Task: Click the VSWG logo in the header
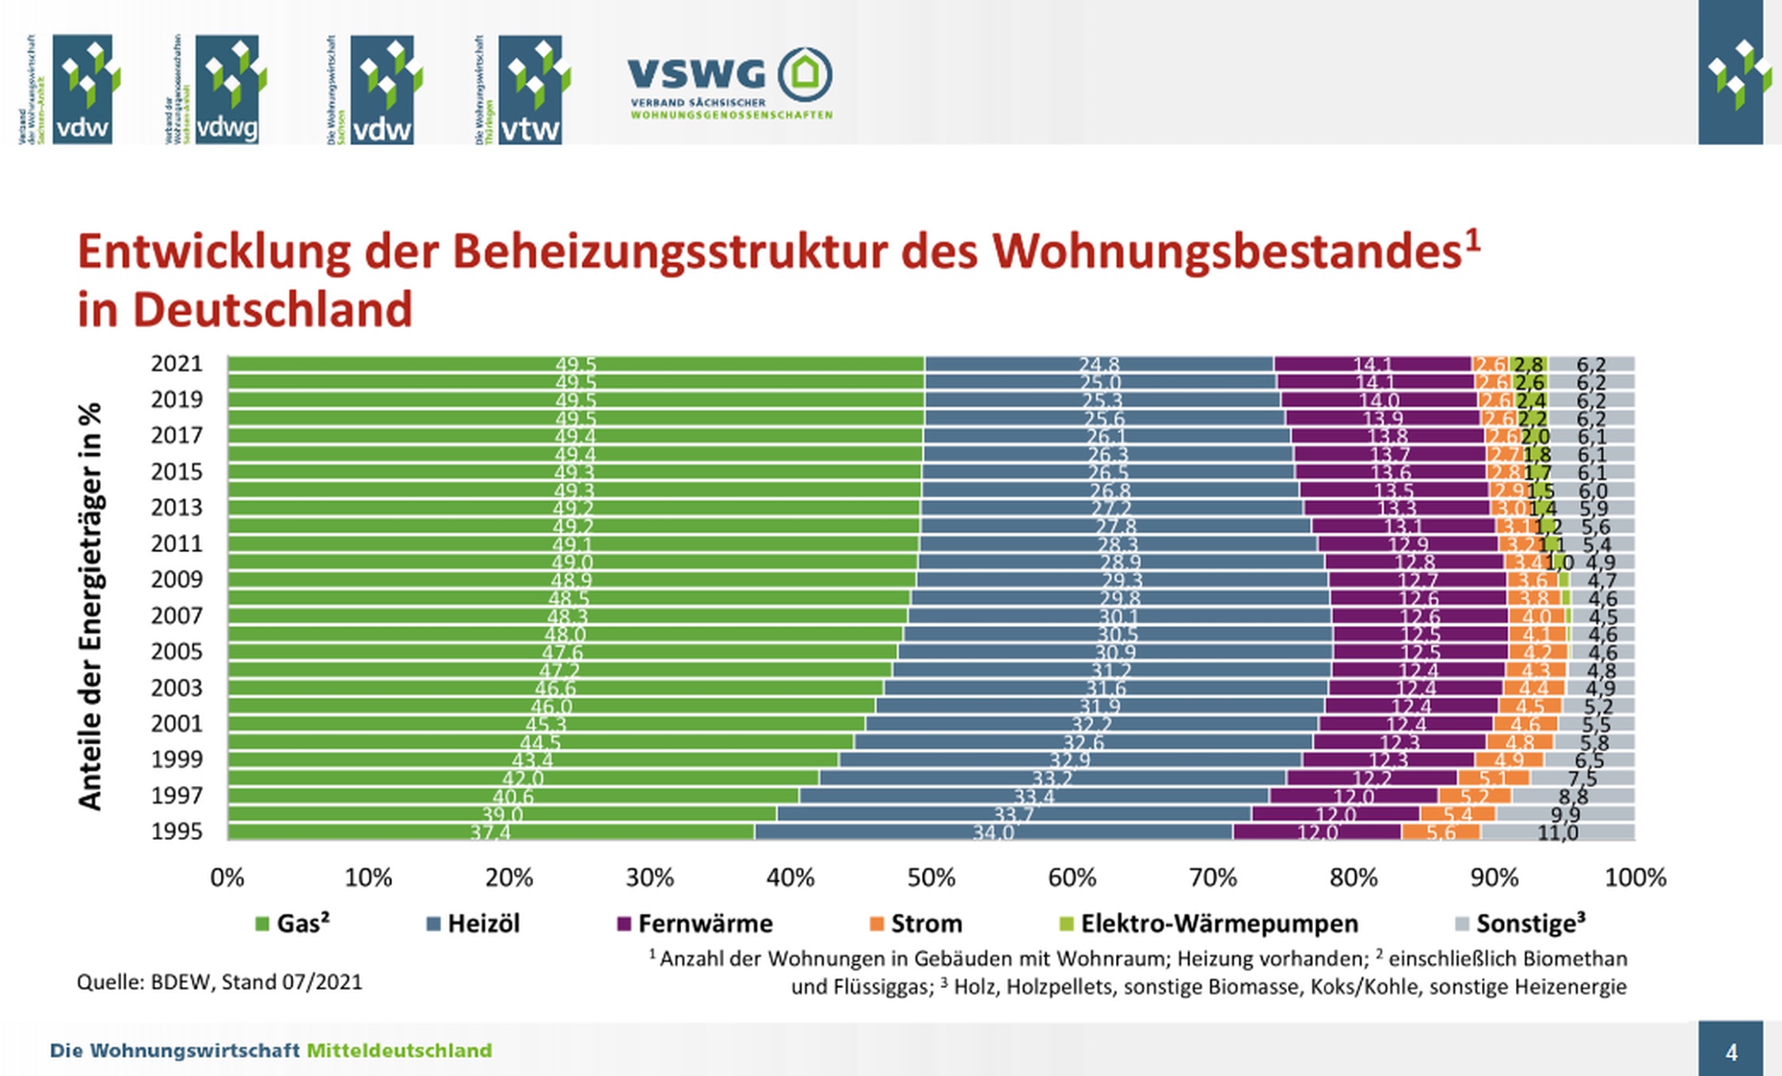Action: [x=729, y=83]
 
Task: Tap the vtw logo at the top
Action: [x=529, y=89]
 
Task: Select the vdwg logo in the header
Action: [x=227, y=89]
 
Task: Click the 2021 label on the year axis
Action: [x=177, y=364]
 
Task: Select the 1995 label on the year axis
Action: [x=177, y=832]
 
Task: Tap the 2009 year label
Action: [x=177, y=580]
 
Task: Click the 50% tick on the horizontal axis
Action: [x=931, y=878]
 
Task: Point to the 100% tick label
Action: [x=1635, y=878]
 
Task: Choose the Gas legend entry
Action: [x=293, y=924]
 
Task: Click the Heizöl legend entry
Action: [x=474, y=924]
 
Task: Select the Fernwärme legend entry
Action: [x=695, y=924]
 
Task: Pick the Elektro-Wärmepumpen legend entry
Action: [x=1209, y=924]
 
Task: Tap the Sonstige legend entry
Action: [x=1521, y=924]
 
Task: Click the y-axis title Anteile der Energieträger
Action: [x=90, y=606]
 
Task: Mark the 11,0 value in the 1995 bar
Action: [x=1557, y=833]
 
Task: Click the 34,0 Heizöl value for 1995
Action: [x=993, y=833]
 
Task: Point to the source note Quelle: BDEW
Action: [x=219, y=983]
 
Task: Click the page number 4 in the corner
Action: [x=1731, y=1052]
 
